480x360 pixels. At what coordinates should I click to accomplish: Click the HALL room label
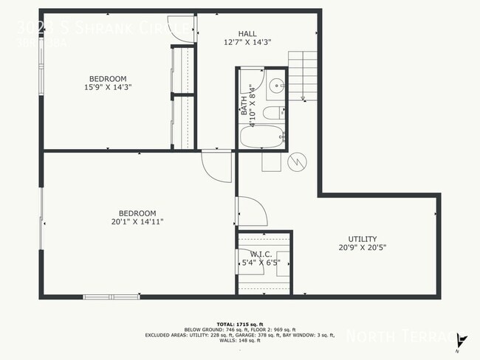pyautogui.click(x=247, y=33)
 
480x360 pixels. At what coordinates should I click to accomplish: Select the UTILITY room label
pyautogui.click(x=363, y=239)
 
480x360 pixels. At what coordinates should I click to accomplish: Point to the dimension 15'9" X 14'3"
pyautogui.click(x=108, y=89)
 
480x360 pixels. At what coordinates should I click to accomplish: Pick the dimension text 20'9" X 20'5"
pyautogui.click(x=363, y=248)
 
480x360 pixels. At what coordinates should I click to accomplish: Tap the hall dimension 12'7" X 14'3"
pyautogui.click(x=247, y=42)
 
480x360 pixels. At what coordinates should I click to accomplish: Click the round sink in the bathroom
pyautogui.click(x=275, y=83)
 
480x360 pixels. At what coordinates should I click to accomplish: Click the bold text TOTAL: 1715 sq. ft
pyautogui.click(x=240, y=324)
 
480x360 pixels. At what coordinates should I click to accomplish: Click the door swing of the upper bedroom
pyautogui.click(x=182, y=28)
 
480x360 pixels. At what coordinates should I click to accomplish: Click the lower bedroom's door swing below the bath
pyautogui.click(x=215, y=166)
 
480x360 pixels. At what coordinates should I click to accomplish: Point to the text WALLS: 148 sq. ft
pyautogui.click(x=240, y=341)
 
